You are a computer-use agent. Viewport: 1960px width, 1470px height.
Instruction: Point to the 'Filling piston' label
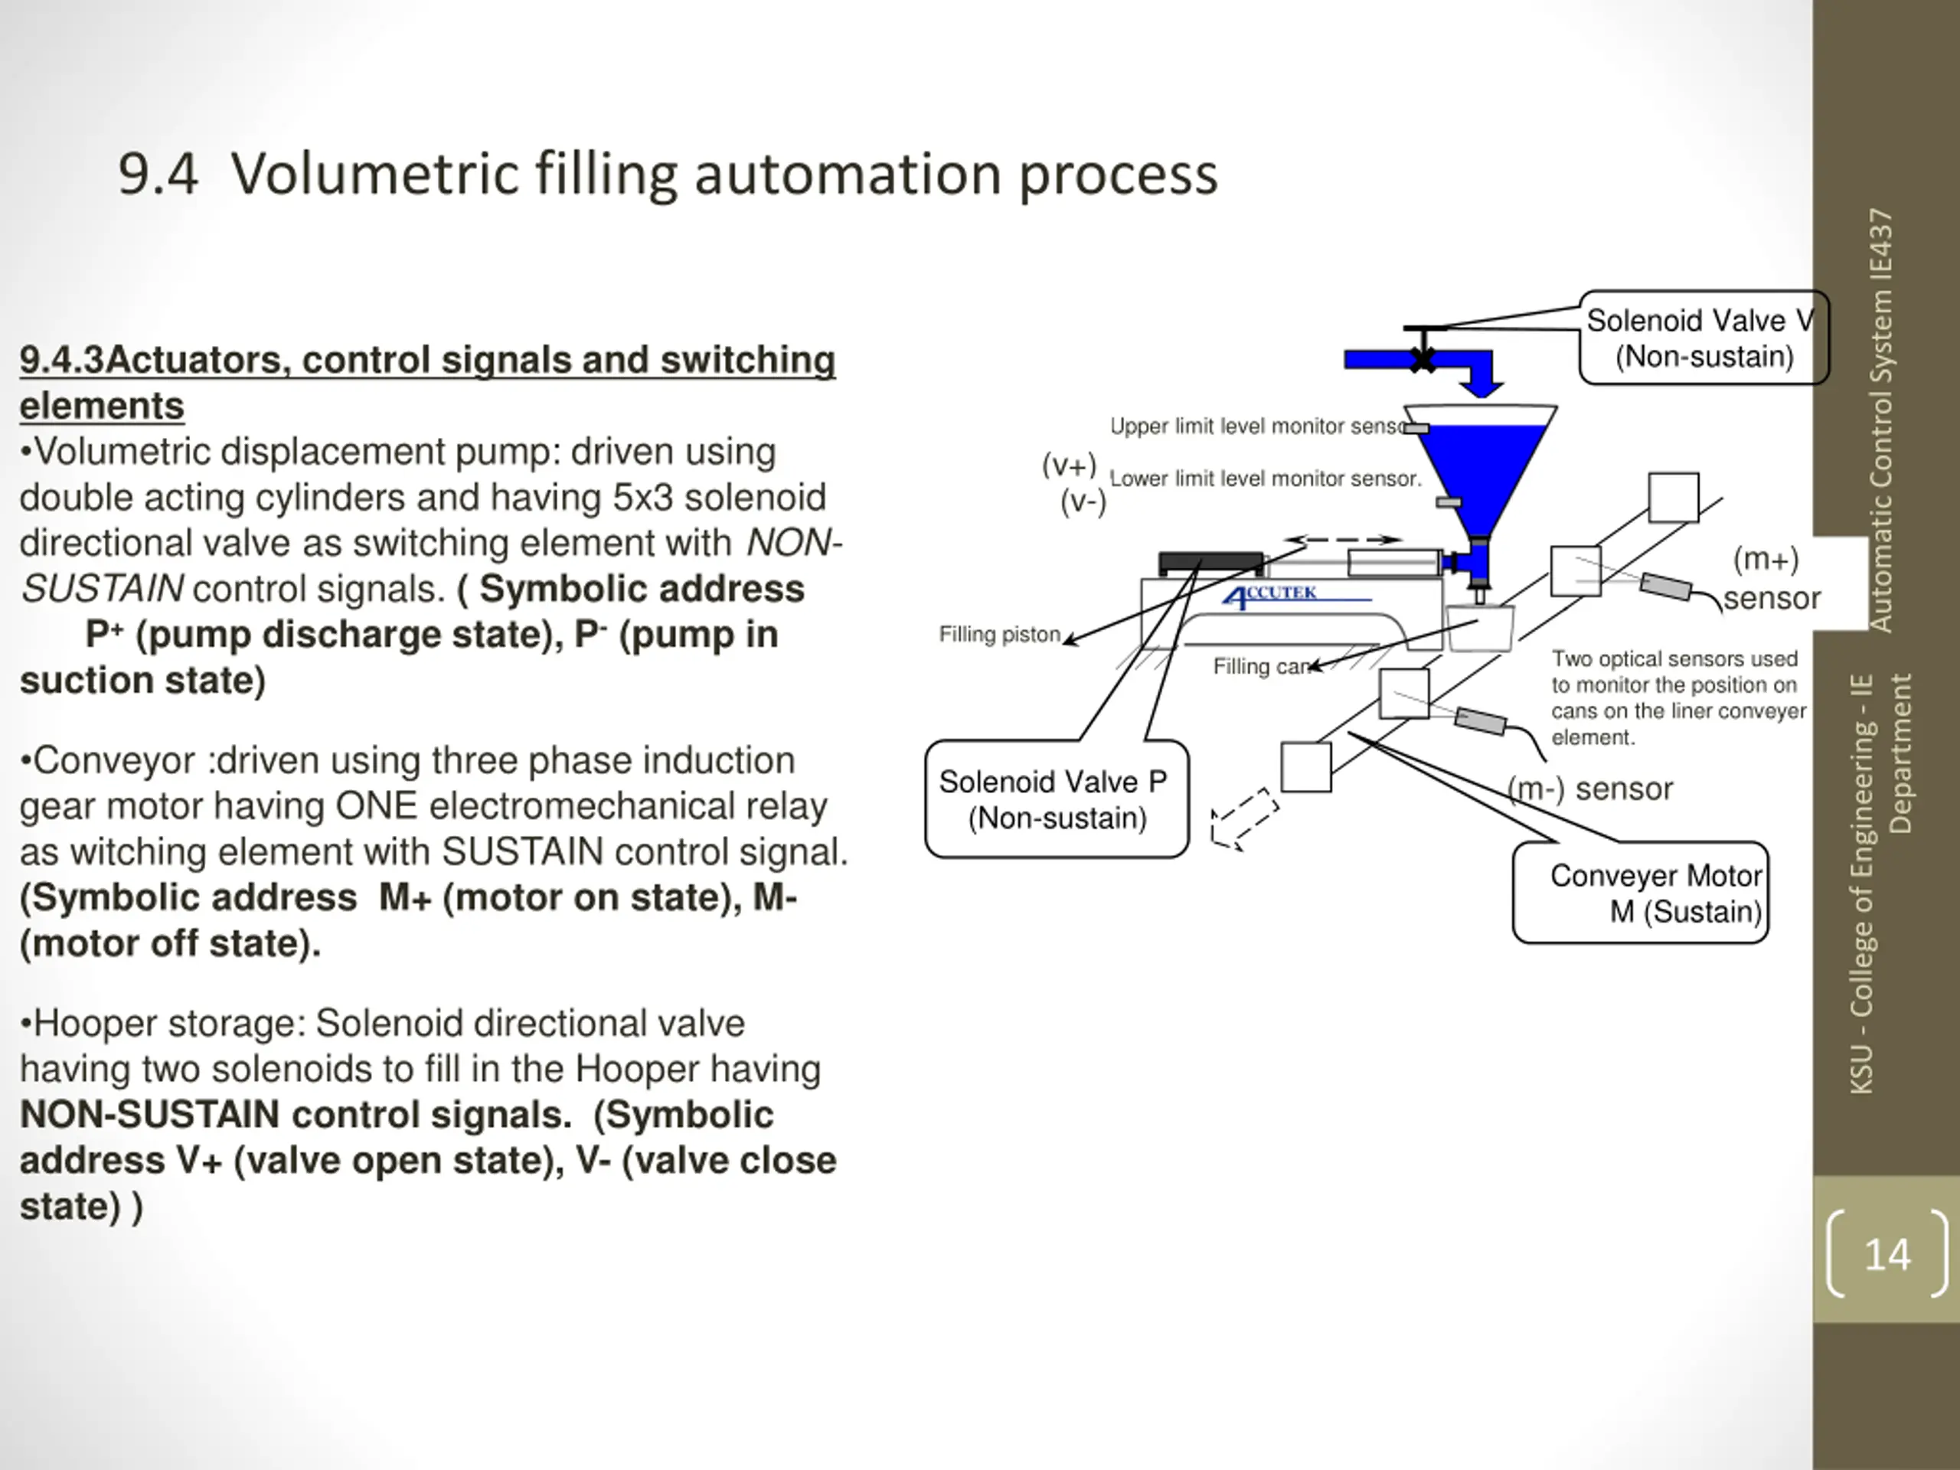click(x=999, y=635)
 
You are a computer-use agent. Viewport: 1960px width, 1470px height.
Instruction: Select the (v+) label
click(x=1070, y=464)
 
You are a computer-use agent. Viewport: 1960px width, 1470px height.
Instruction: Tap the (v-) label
click(x=1083, y=502)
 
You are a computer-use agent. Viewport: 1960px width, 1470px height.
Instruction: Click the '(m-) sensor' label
click(x=1590, y=788)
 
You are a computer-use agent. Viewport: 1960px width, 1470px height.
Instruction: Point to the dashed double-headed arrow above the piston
click(x=1342, y=539)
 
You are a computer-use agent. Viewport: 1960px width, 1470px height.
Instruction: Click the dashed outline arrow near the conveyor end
click(x=1244, y=818)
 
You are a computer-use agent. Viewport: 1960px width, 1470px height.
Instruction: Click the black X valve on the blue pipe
click(x=1423, y=360)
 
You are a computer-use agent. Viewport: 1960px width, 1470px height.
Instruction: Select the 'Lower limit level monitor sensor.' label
click(x=1266, y=479)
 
